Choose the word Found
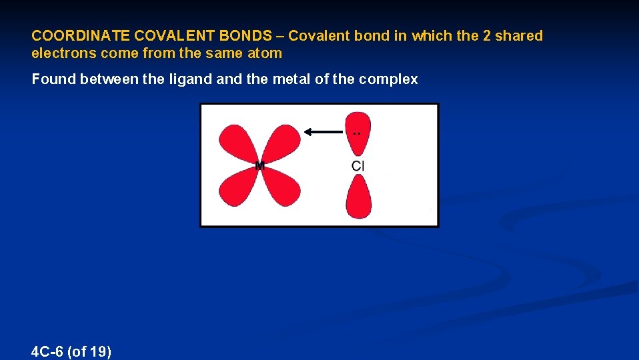coord(53,79)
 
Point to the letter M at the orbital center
coord(260,165)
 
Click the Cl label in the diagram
coord(358,165)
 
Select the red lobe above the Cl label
coord(358,128)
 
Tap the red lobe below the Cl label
coord(358,199)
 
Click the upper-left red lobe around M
coord(237,143)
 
